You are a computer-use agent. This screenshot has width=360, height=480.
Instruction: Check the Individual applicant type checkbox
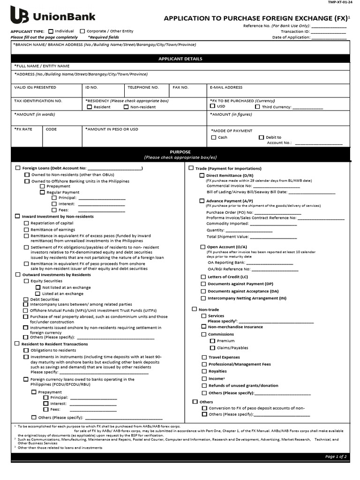click(x=51, y=31)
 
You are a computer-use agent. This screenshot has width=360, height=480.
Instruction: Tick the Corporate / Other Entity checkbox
click(x=82, y=31)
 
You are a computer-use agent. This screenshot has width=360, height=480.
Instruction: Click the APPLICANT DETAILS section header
click(x=180, y=59)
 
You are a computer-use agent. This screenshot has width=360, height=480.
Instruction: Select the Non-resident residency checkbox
click(x=126, y=107)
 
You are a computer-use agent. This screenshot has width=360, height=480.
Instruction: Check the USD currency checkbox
click(x=213, y=106)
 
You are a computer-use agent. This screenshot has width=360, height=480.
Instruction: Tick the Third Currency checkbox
click(x=257, y=107)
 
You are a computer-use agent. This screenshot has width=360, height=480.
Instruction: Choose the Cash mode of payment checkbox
click(x=214, y=137)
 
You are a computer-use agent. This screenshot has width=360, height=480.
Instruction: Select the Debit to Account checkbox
click(x=262, y=137)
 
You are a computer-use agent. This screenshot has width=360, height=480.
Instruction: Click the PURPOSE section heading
click(x=180, y=152)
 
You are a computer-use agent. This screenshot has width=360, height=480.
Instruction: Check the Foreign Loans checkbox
click(x=18, y=168)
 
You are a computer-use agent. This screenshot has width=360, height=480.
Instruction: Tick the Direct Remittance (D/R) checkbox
click(x=202, y=175)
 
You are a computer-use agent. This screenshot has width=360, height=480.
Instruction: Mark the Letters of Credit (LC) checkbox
click(x=203, y=277)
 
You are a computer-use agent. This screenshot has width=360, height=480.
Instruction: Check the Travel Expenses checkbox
click(x=204, y=357)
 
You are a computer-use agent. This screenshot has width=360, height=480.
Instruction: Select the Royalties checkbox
click(x=204, y=371)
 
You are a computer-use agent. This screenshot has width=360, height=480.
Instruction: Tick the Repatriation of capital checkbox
click(x=26, y=223)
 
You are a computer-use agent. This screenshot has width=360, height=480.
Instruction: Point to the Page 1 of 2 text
click(x=336, y=456)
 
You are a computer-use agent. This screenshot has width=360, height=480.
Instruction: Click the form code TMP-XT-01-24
click(x=338, y=2)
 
